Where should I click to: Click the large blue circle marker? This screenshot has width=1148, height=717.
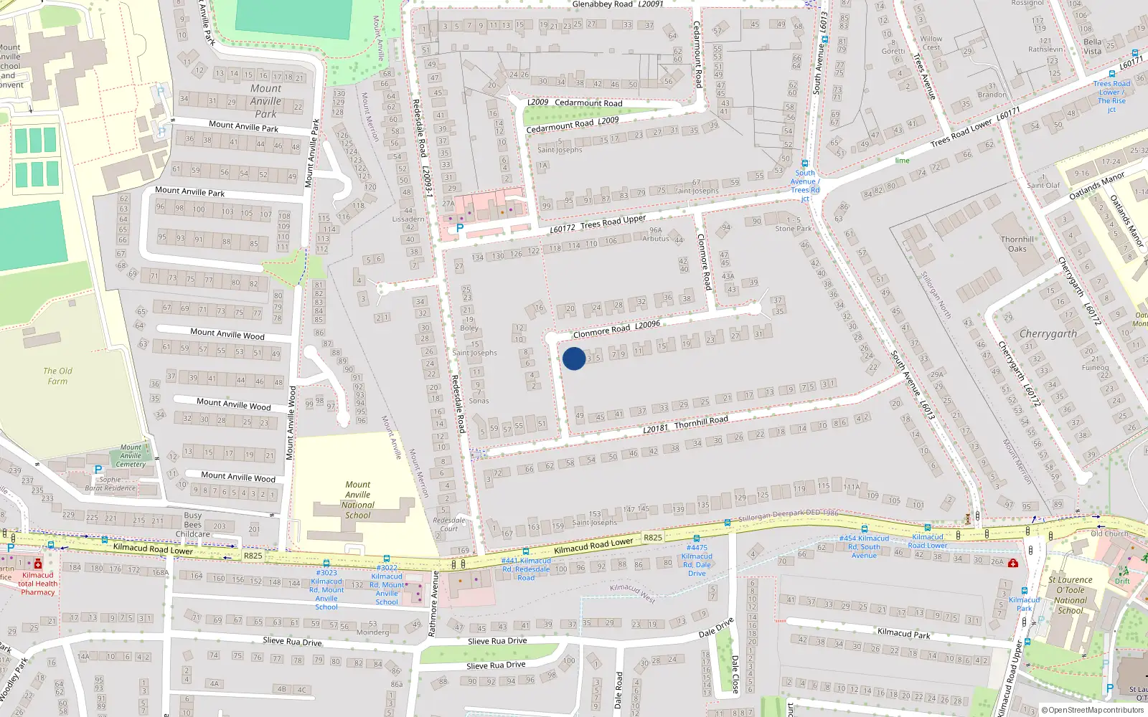coord(574,358)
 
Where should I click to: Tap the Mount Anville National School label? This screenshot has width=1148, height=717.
coord(358,500)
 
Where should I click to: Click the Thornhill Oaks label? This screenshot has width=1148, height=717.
coord(1017,244)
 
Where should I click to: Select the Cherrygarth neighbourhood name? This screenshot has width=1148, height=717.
coord(1048,334)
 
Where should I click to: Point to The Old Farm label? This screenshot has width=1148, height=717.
coord(57,376)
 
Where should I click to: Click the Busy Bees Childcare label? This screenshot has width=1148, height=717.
coord(193,524)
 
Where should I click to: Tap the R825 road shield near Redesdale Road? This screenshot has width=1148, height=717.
coord(652,538)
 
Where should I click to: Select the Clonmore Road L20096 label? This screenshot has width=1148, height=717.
coord(616,329)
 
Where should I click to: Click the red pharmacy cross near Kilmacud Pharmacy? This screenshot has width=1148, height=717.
coord(38,564)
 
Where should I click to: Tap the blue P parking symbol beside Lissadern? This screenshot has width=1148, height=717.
coord(460,228)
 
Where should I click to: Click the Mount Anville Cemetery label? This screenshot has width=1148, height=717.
coord(131,455)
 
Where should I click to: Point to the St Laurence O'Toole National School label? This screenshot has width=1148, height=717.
coord(1071,595)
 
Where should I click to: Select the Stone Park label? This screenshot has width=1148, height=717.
coord(794,229)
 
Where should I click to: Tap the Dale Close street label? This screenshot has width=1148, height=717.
coord(735,673)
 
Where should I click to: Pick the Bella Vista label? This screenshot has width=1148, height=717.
coord(1092,47)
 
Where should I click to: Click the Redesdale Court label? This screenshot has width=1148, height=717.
coord(449,524)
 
